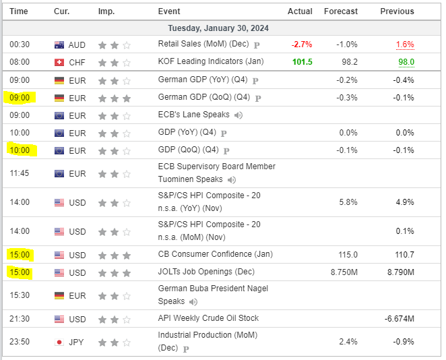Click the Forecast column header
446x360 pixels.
(x=340, y=11)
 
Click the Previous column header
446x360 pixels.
(x=397, y=11)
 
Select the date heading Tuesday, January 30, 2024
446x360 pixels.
(x=222, y=28)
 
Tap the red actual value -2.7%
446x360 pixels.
(x=301, y=44)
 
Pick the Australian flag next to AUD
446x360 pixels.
(x=59, y=44)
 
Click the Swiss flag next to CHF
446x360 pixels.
(x=59, y=62)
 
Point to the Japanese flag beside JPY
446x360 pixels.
(x=59, y=342)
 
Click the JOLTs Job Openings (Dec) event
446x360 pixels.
(x=205, y=272)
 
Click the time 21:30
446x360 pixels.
(x=20, y=318)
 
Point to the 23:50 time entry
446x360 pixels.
(x=20, y=342)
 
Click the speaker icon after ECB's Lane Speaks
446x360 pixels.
(x=238, y=115)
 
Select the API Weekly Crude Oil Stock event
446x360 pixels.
(x=208, y=318)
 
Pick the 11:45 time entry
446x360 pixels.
(x=20, y=173)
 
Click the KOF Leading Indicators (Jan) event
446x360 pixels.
(x=211, y=61)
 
